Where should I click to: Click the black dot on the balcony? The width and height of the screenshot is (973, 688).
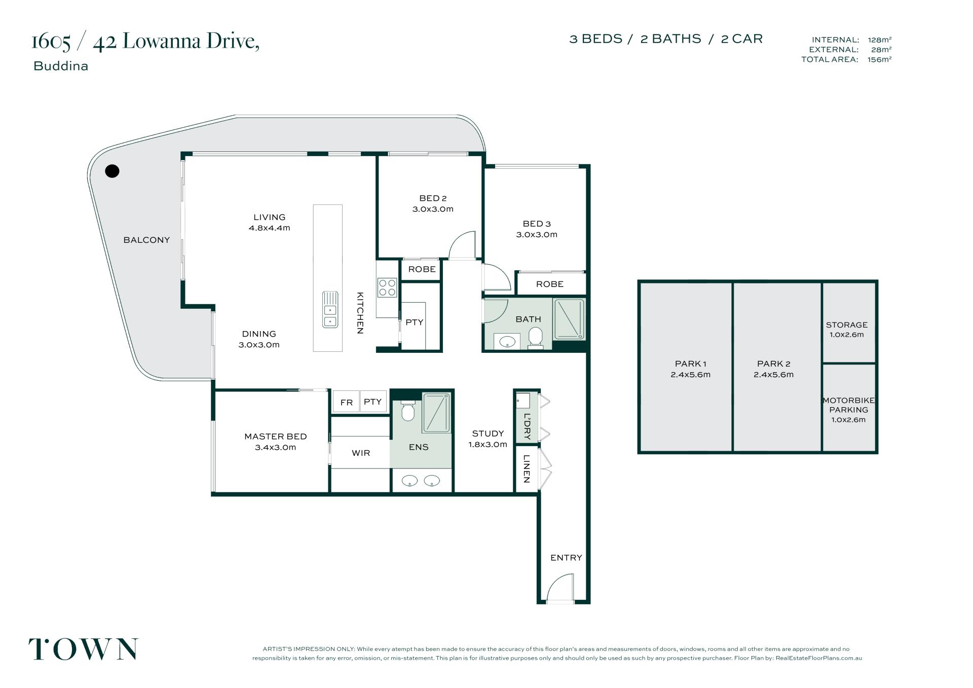[x=112, y=171]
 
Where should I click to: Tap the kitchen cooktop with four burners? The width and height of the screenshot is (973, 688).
[x=387, y=288]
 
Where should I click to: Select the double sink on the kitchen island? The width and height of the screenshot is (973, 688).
[x=330, y=309]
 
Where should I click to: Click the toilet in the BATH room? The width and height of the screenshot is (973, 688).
[x=536, y=338]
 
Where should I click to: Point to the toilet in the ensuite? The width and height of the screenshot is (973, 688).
[x=408, y=411]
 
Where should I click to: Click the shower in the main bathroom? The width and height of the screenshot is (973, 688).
[x=569, y=319]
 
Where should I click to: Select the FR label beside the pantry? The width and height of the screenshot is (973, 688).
[x=347, y=403]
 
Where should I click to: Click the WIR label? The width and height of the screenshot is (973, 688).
[x=361, y=453]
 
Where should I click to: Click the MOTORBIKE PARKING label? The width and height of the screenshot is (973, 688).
[x=849, y=410]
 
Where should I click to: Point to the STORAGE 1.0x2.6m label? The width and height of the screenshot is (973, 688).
[x=847, y=330]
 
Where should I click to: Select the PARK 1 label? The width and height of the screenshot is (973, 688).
[x=691, y=364]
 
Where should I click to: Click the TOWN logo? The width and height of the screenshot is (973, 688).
[x=83, y=649]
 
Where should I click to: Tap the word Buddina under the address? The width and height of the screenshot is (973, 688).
[x=61, y=66]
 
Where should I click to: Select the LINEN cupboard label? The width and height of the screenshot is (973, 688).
[x=527, y=468]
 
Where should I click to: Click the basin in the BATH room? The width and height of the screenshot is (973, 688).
[x=507, y=342]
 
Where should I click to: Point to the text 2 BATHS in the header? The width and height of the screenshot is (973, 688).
[x=670, y=39]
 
